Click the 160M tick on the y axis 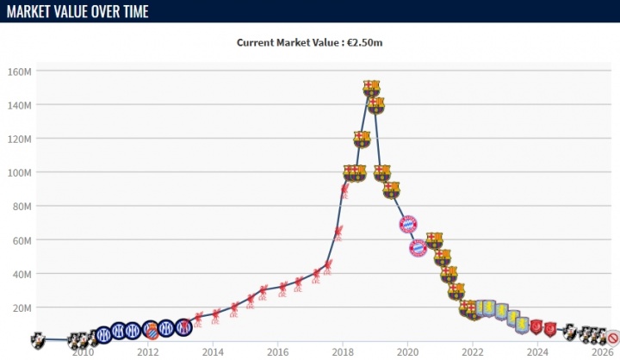tap(20, 71)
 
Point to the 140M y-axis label tap(20, 105)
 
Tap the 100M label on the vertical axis tap(20, 172)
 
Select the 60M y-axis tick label tap(22, 240)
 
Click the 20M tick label tap(22, 307)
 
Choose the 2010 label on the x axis tap(83, 352)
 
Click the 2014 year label tap(213, 352)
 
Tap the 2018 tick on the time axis tap(343, 352)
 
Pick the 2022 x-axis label tap(472, 352)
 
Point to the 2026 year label tap(602, 352)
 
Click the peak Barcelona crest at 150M tap(371, 88)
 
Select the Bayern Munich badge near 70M tap(408, 225)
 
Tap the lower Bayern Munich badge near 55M tap(418, 249)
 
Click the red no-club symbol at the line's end tap(613, 338)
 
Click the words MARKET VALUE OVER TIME tap(76, 10)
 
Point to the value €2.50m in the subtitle tap(365, 42)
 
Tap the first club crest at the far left tap(38, 338)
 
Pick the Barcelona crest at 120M tap(362, 139)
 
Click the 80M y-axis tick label tap(22, 207)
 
